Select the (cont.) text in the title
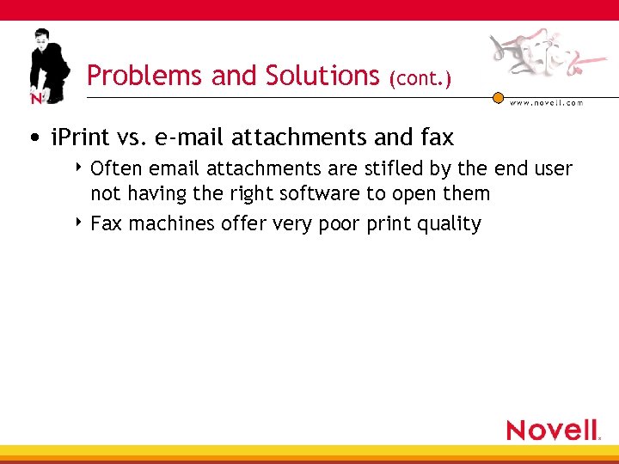pyautogui.click(x=420, y=79)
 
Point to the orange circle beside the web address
pyautogui.click(x=498, y=98)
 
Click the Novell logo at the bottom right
pyautogui.click(x=553, y=430)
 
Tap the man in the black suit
pyautogui.click(x=49, y=64)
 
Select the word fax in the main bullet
pyautogui.click(x=436, y=137)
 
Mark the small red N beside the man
pyautogui.click(x=36, y=99)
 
